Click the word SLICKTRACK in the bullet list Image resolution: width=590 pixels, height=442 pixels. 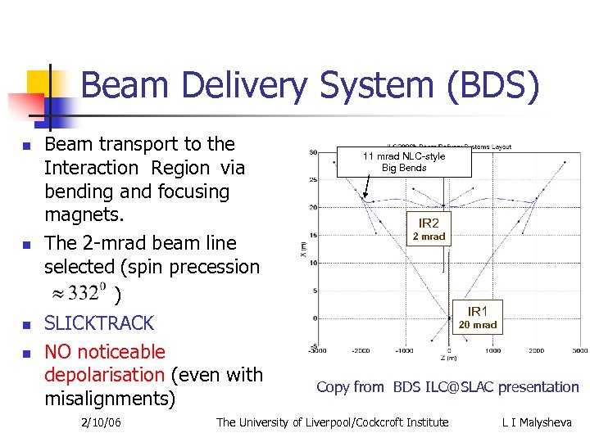99,323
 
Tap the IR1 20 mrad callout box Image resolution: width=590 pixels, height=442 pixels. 477,318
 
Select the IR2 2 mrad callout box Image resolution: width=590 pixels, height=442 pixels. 429,229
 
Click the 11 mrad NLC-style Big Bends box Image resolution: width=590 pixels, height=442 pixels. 404,161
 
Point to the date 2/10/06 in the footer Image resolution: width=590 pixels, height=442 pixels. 101,422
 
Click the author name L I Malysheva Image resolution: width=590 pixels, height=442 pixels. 538,422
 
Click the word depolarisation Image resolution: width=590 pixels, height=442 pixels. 105,375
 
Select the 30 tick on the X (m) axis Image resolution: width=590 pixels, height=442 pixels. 314,152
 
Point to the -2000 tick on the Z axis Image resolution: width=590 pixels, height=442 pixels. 361,350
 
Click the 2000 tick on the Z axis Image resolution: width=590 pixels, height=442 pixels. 536,350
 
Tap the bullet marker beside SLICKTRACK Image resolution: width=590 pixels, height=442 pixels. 27,325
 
